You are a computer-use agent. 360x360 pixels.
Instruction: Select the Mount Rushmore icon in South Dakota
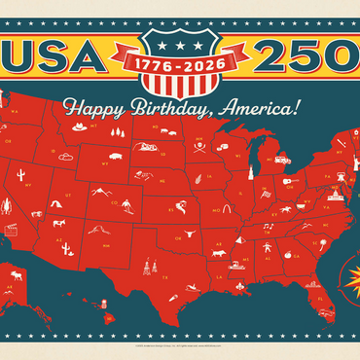tap(149, 147)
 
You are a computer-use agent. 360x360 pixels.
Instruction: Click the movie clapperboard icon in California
tap(13, 230)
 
